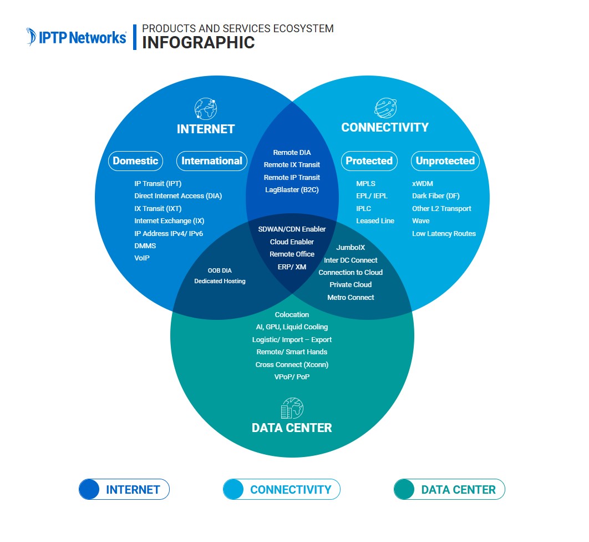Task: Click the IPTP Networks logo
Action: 77,37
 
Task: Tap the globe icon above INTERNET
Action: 205,109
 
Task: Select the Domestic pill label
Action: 135,161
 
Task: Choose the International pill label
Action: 212,161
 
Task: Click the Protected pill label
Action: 369,161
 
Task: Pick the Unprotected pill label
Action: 445,161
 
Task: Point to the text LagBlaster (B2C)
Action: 292,190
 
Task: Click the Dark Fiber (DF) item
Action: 435,196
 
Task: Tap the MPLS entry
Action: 365,183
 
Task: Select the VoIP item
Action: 142,258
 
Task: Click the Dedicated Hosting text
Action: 220,282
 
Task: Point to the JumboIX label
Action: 351,248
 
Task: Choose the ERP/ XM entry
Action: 292,267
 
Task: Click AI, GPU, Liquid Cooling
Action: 292,327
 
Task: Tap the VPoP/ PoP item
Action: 292,377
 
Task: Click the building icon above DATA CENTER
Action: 292,408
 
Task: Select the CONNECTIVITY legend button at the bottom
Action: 281,490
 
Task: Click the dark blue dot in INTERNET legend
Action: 89,490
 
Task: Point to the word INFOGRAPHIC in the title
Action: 198,43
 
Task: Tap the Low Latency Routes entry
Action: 444,234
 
